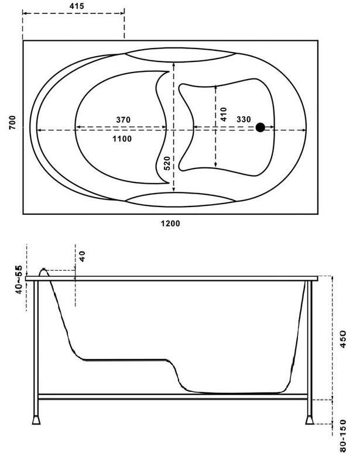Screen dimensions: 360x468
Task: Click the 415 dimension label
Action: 77,6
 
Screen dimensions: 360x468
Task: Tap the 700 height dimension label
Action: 12,122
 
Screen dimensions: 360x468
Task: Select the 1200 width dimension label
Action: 170,223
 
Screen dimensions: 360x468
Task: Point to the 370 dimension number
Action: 123,120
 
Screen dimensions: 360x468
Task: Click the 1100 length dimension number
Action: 122,139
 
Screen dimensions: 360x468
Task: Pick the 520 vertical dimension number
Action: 167,163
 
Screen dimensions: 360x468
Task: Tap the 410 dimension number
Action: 223,114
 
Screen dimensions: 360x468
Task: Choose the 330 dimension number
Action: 244,119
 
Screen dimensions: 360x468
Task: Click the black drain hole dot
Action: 260,128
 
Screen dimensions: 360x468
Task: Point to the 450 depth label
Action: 343,339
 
